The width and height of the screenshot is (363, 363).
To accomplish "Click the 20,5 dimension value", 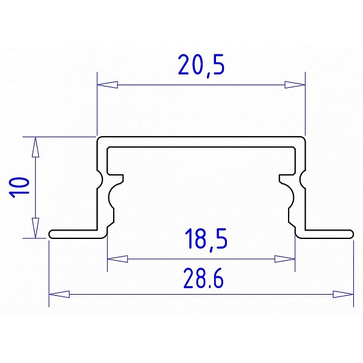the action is [x=201, y=65].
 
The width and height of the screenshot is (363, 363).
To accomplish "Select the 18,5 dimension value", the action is [x=206, y=240].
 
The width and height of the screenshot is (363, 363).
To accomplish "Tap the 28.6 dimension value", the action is [x=204, y=278].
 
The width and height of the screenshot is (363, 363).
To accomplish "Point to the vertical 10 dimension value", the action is [x=19, y=188].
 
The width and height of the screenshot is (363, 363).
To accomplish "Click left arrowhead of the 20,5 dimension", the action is [x=108, y=85].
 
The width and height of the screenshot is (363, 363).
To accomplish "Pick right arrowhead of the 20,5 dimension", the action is [x=295, y=85].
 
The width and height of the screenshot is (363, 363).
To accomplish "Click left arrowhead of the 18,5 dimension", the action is [x=117, y=259].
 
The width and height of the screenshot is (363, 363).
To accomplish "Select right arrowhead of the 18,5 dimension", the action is [x=285, y=259].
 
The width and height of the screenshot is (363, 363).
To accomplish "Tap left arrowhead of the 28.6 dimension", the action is [x=59, y=294].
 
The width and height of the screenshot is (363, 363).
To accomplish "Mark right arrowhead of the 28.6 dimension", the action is [x=343, y=294].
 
